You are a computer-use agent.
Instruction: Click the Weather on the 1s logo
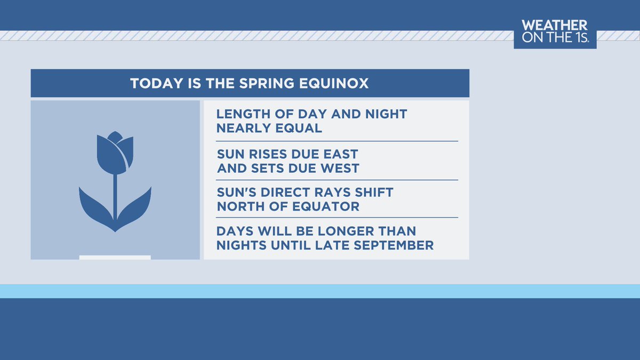555,34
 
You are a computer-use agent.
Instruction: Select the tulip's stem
115,195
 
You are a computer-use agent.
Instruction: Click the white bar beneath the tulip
115,258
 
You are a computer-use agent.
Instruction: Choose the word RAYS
329,193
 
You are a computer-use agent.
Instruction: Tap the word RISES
267,154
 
